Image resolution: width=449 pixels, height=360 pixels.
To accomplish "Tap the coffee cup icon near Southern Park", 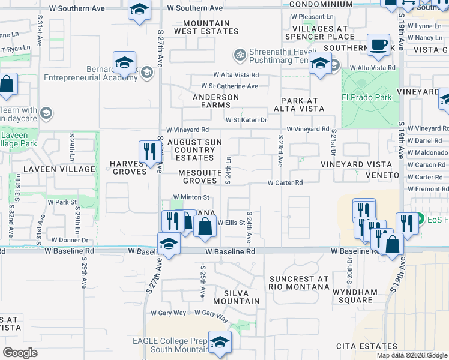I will (379, 45).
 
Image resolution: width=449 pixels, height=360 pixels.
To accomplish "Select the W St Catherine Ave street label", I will (229, 86).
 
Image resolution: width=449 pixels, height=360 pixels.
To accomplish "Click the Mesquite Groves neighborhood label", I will (200, 176).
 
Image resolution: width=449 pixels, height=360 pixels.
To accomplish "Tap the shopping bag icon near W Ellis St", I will (205, 226).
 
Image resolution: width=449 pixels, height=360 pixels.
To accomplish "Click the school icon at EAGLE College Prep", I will (220, 341).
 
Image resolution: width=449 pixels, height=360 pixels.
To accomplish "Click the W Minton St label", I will (191, 197).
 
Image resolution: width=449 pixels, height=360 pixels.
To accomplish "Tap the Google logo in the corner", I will (20, 352).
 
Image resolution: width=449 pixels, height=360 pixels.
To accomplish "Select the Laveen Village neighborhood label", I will (59, 169).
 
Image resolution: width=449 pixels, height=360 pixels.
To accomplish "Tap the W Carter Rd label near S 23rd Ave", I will (285, 182).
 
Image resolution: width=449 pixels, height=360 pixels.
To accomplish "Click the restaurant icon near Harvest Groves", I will (148, 151).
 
